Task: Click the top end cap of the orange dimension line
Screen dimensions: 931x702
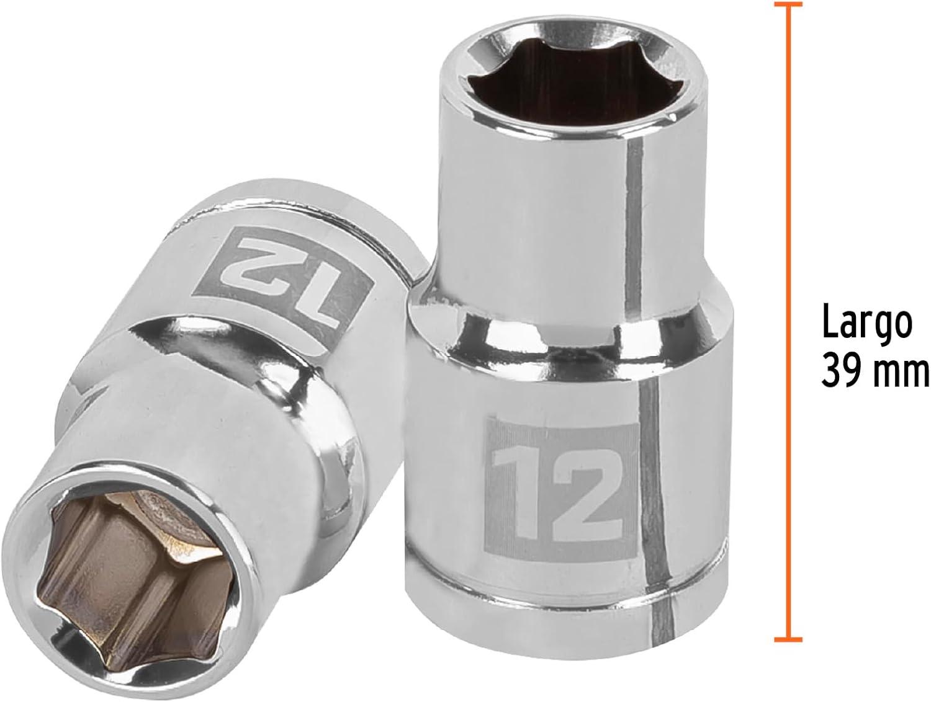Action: [788, 5]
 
